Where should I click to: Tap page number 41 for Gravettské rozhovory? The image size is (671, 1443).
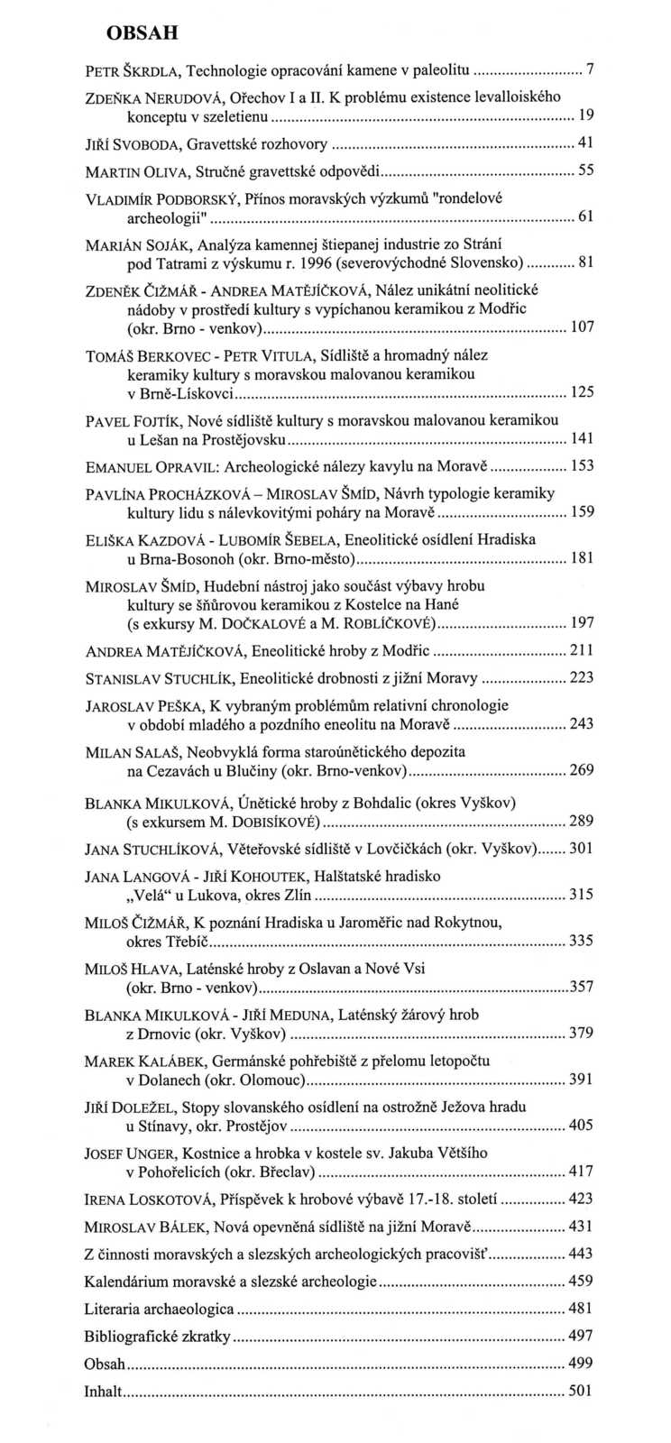(584, 144)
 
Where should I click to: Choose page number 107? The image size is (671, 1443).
(582, 326)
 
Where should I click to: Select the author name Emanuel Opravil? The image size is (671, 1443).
(151, 467)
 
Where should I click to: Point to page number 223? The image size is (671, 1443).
(582, 677)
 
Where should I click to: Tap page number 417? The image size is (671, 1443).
(582, 1172)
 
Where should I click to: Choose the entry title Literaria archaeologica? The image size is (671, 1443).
(159, 1309)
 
